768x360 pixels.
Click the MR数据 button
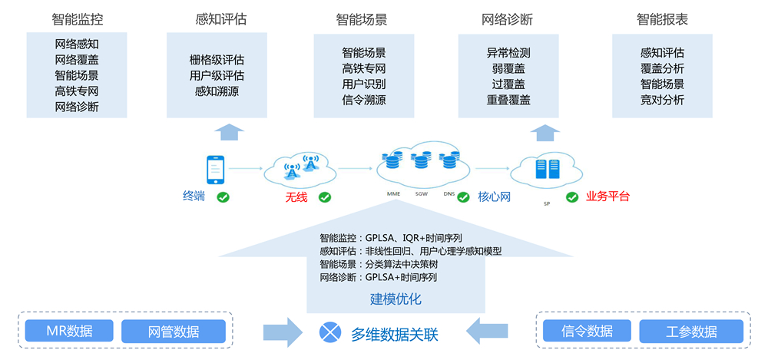tap(70, 331)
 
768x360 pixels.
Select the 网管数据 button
tap(174, 331)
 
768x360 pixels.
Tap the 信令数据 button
tap(588, 331)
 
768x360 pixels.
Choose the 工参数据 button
tap(691, 331)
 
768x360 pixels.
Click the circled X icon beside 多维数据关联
tap(330, 332)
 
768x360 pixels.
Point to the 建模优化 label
tap(396, 299)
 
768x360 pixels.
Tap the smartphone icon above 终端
tap(215, 170)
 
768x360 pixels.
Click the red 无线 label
tap(296, 197)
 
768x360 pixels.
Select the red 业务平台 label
tap(607, 197)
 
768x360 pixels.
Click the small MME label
tap(393, 195)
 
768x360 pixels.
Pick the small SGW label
tap(422, 195)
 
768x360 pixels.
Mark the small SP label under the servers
tap(547, 204)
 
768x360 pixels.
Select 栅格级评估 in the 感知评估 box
tap(217, 58)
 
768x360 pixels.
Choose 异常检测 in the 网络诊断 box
tap(508, 53)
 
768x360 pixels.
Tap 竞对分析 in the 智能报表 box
tap(662, 99)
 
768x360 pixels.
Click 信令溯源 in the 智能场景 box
tap(364, 99)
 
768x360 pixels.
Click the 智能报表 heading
tap(662, 19)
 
